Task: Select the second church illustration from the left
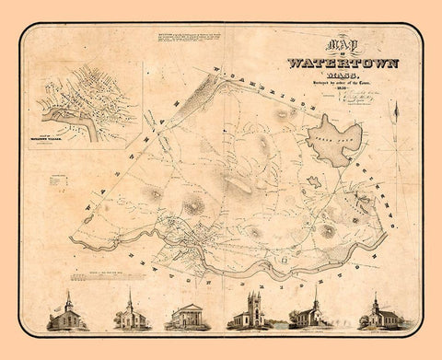[x=129, y=313]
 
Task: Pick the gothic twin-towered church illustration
[x=250, y=313]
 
